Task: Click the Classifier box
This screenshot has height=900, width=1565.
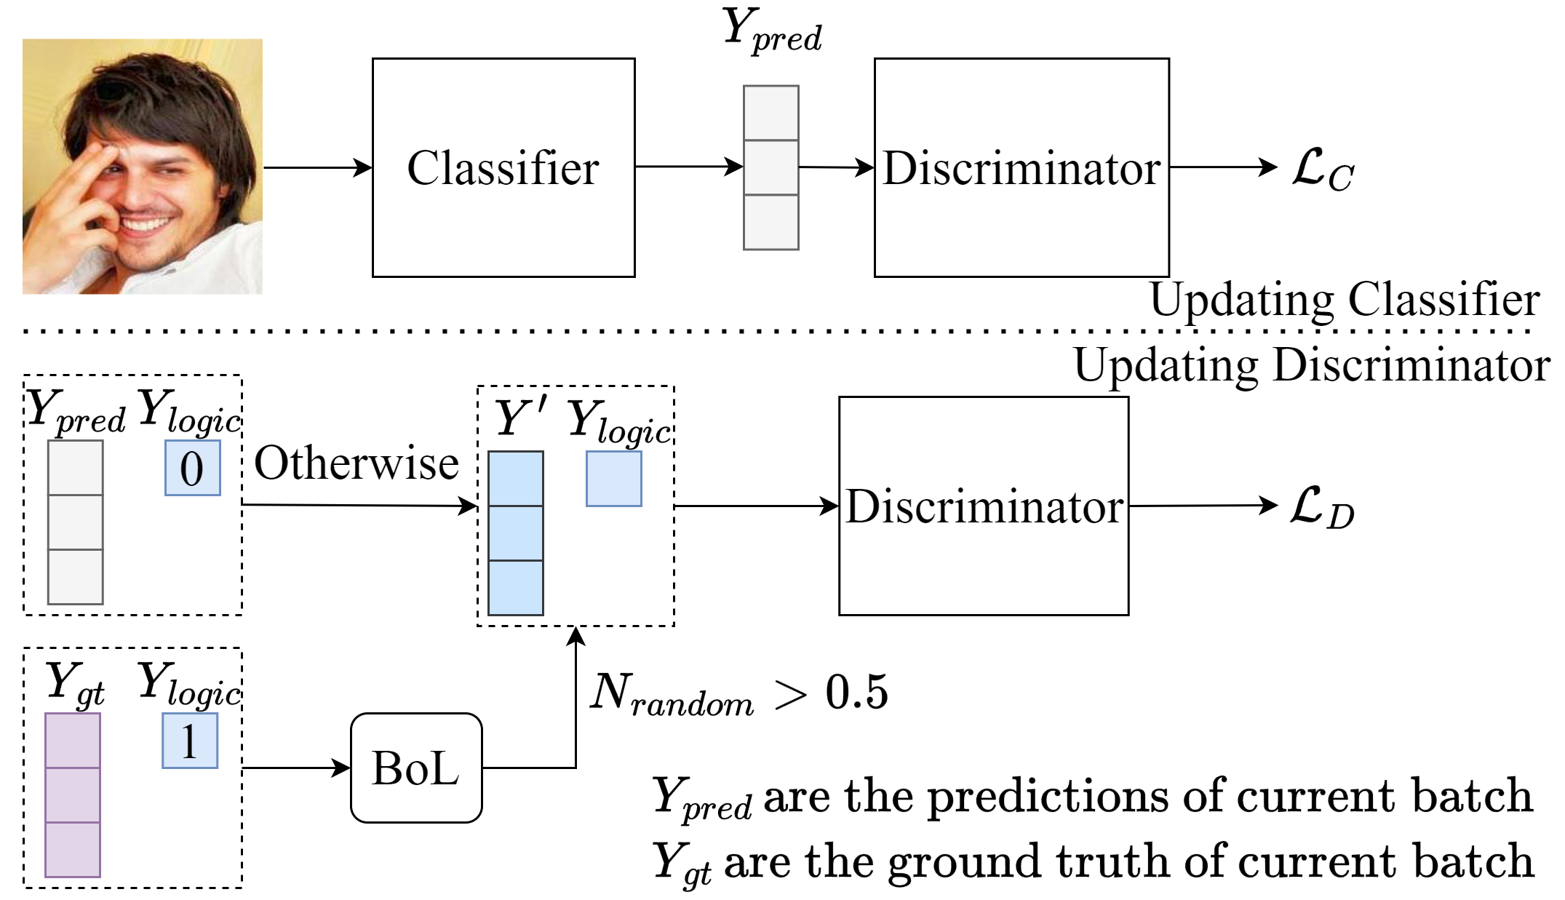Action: click(503, 167)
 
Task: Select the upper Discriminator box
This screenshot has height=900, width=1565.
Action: click(1022, 167)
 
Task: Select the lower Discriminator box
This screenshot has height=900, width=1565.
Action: click(984, 506)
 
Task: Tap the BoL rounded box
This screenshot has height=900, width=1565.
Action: click(416, 768)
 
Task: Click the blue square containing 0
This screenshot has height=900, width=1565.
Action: click(192, 468)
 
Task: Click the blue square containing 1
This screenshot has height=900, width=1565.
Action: click(190, 741)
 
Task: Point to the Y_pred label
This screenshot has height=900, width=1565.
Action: click(76, 412)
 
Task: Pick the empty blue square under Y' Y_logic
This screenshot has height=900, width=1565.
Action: click(614, 479)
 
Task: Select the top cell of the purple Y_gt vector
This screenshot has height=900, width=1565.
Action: click(73, 740)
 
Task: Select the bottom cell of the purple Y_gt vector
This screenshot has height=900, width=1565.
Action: click(73, 849)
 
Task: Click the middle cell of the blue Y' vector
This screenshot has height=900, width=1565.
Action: click(515, 533)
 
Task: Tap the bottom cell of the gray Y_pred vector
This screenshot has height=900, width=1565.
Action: click(76, 576)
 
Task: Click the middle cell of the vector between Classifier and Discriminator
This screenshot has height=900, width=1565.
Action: click(771, 167)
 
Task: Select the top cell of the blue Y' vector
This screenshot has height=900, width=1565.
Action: click(515, 478)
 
